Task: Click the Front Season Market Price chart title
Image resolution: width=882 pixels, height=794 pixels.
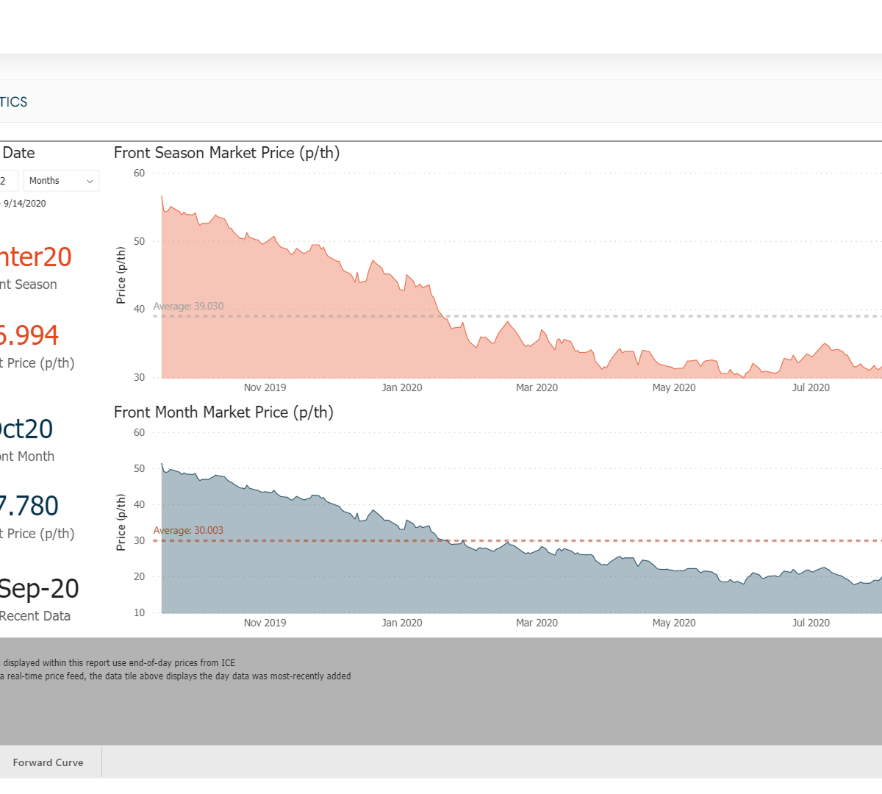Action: pos(226,153)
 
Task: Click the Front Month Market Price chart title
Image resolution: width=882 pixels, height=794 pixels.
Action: pos(223,412)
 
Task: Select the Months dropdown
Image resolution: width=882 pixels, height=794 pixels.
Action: pos(61,181)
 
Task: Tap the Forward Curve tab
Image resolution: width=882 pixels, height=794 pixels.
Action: pos(49,762)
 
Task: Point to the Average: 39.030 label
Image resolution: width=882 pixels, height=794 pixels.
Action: pos(188,307)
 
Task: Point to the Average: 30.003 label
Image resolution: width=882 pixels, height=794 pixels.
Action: pos(188,531)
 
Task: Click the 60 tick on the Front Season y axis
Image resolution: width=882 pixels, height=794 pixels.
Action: pos(139,174)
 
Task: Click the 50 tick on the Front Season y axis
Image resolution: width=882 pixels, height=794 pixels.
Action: pos(139,241)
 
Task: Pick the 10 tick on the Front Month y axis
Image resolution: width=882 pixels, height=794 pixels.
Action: pos(139,612)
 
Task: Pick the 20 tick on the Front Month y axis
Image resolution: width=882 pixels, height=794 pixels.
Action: pos(139,576)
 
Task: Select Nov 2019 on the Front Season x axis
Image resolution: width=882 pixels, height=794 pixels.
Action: pos(265,387)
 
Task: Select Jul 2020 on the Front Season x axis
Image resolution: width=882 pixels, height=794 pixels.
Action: pos(811,387)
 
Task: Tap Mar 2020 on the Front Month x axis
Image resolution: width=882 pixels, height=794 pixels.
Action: pos(537,623)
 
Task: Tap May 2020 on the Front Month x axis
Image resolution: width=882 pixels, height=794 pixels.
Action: pos(674,623)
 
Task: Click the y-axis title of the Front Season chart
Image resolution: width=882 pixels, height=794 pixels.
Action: pos(121,275)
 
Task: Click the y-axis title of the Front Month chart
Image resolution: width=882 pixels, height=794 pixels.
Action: pos(121,522)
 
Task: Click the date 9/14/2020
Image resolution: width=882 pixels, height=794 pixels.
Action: pos(24,204)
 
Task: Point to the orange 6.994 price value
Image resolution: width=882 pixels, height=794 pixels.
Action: pos(29,335)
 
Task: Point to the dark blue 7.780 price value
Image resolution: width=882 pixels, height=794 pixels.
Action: pos(29,506)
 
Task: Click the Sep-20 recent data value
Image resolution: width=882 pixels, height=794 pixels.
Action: pos(39,589)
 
